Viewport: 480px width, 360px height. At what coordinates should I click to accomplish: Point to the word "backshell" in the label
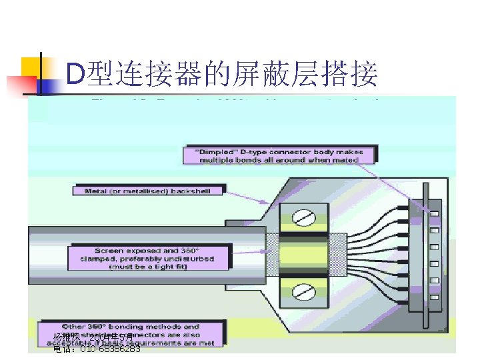[x=189, y=191]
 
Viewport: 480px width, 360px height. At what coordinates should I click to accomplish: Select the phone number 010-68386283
[x=110, y=349]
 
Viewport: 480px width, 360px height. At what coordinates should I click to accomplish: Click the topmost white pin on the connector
[x=435, y=213]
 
